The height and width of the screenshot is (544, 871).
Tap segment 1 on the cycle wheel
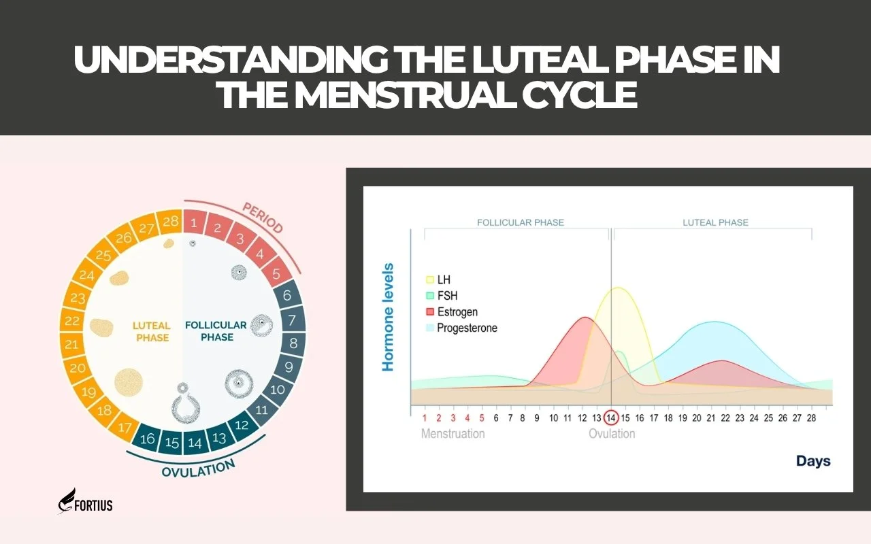pos(195,222)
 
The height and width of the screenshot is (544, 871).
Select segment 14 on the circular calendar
pos(195,443)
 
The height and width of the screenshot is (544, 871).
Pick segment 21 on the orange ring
pos(72,345)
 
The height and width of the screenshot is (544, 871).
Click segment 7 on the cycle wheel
pos(293,320)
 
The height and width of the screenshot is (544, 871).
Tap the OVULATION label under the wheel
pos(199,467)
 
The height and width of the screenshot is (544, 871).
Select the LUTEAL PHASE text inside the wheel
pos(151,331)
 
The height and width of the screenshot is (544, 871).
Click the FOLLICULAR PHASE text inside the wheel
pos(216,331)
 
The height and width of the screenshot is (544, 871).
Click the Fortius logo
pos(86,501)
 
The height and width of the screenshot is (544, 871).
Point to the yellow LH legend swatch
pos(430,280)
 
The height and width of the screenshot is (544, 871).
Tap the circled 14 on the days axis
pos(611,418)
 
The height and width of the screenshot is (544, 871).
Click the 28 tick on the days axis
pos(811,418)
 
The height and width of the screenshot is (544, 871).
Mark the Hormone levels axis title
pos(389,317)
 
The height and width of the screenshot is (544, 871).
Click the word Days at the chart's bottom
pos(813,461)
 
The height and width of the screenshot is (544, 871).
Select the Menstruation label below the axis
pos(453,434)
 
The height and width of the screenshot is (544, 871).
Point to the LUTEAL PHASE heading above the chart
pos(715,222)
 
